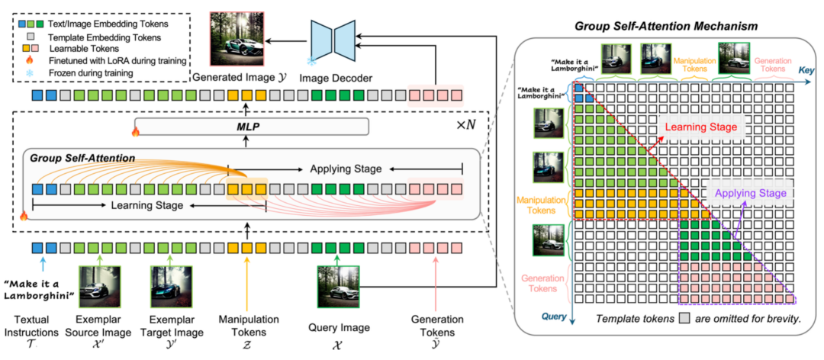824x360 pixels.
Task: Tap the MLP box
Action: (x=250, y=127)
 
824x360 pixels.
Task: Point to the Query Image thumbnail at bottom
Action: (x=336, y=284)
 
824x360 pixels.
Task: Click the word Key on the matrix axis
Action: (x=803, y=69)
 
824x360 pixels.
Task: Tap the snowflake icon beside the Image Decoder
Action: (x=311, y=60)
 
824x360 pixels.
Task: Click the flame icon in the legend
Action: (x=30, y=59)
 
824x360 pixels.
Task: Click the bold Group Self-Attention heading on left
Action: (x=82, y=158)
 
